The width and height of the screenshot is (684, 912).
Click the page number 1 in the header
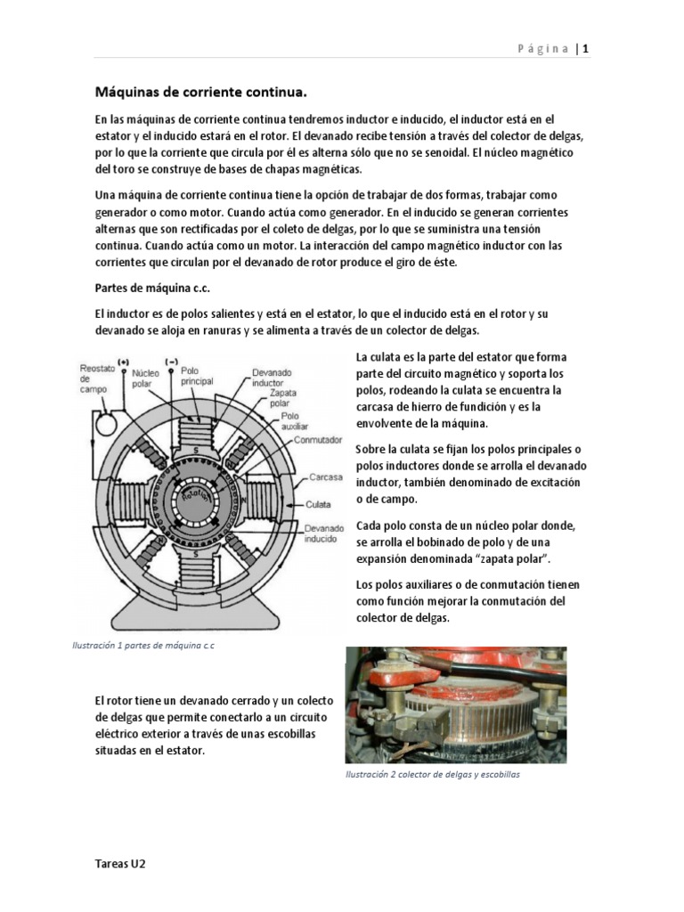pyautogui.click(x=586, y=49)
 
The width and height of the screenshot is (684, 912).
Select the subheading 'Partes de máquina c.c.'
pyautogui.click(x=152, y=288)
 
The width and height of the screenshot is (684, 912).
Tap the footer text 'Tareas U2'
pyautogui.click(x=120, y=865)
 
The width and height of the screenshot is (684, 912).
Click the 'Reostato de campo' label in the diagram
pyautogui.click(x=94, y=378)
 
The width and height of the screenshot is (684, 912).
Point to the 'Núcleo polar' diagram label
pyautogui.click(x=146, y=381)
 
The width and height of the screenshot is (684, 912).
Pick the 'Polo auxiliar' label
pyautogui.click(x=295, y=420)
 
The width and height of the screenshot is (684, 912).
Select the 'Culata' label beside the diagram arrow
pyautogui.click(x=318, y=503)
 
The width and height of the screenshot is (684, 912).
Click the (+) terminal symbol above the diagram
pyautogui.click(x=123, y=362)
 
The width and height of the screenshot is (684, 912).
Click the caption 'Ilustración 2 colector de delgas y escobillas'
pyautogui.click(x=433, y=775)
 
